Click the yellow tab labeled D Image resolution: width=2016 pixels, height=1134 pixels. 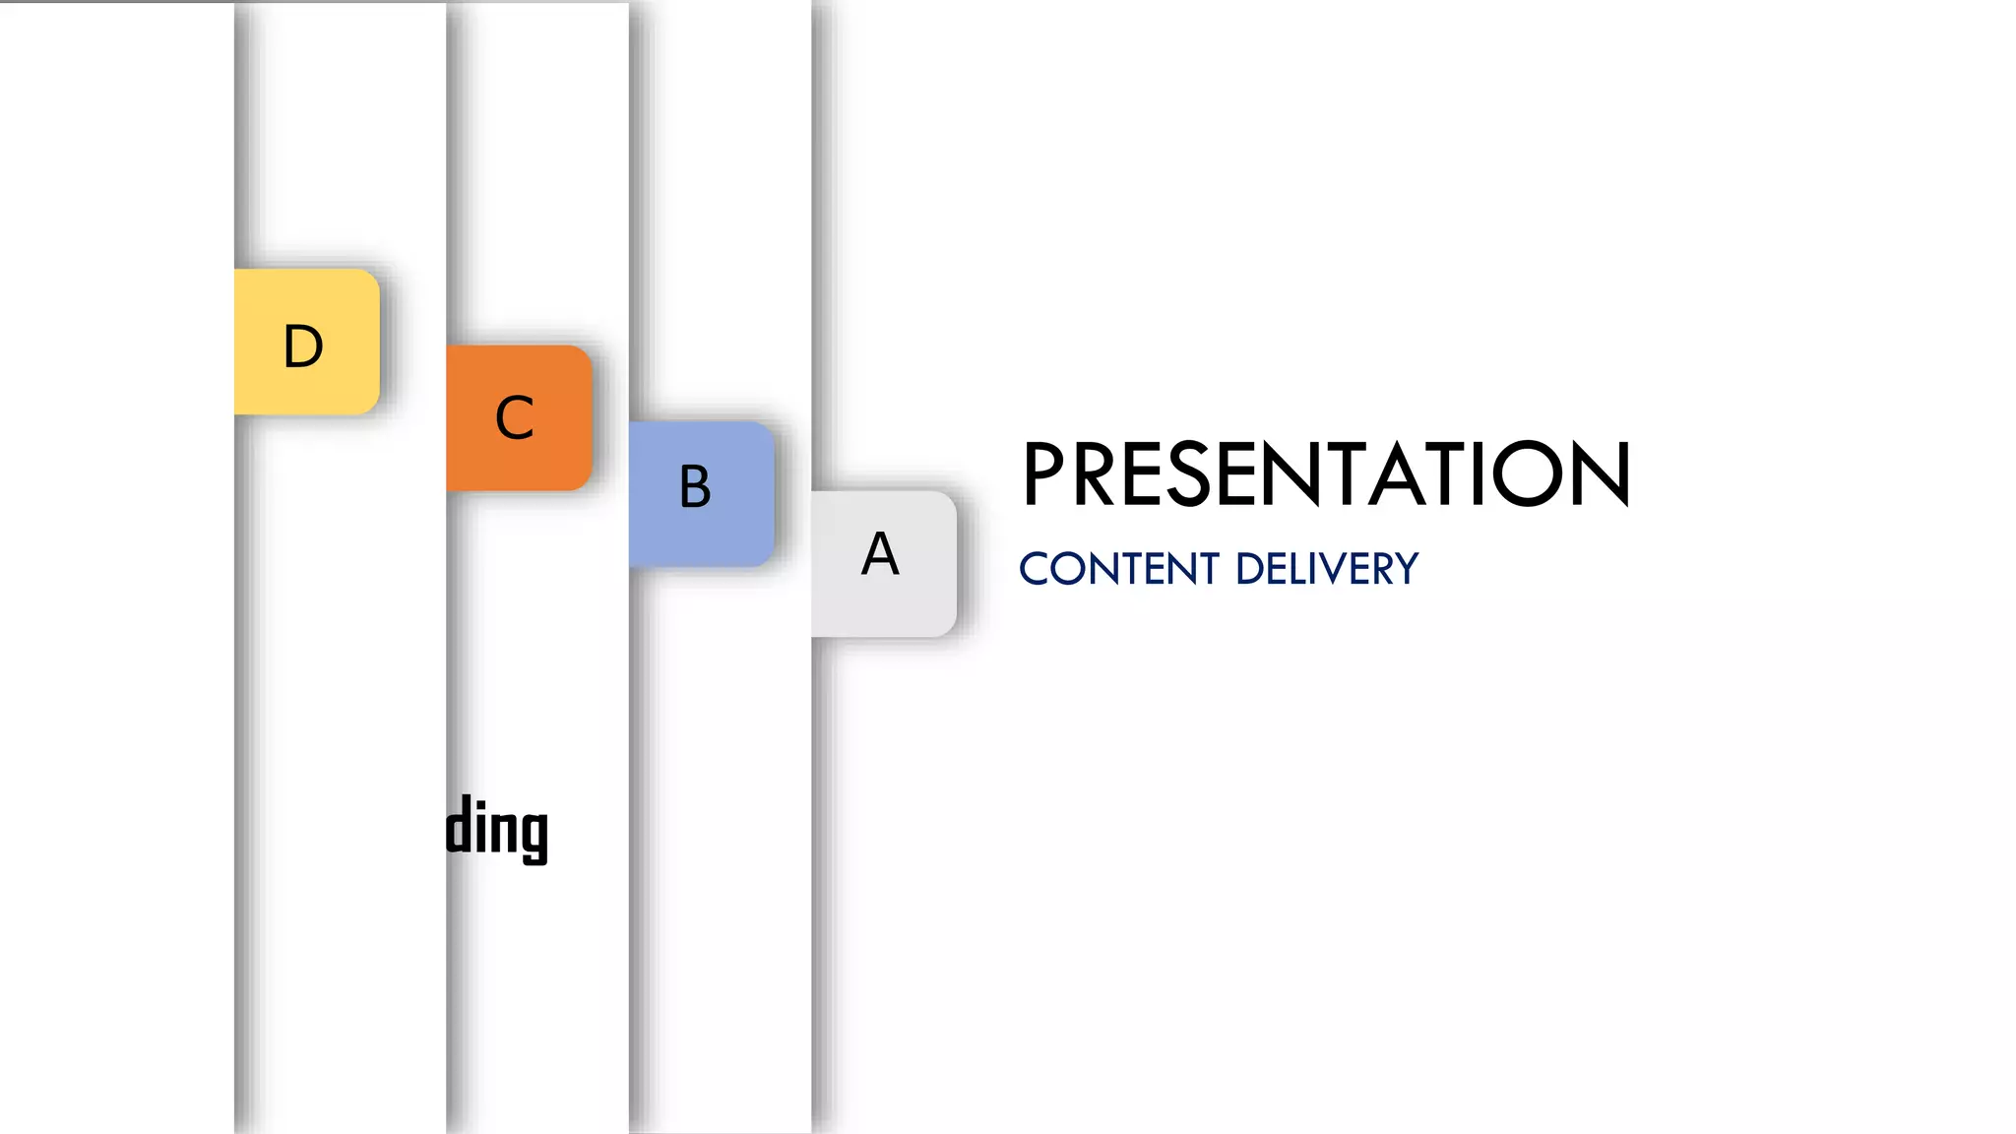(x=306, y=342)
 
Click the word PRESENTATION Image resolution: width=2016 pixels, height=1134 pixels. (x=1325, y=474)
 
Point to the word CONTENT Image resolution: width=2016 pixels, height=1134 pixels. (x=1119, y=569)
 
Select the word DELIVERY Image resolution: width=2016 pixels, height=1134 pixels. (x=1327, y=569)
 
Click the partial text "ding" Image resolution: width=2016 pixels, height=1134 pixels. (x=497, y=830)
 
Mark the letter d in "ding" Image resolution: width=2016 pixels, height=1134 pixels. (x=458, y=827)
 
